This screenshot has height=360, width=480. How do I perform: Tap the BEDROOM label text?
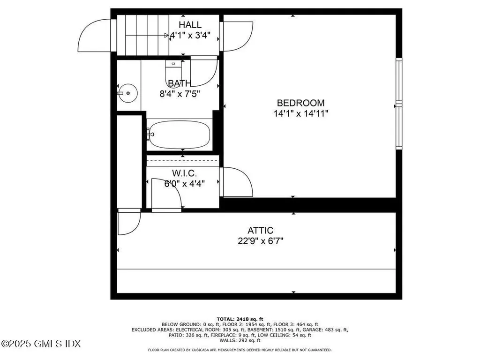tap(300, 103)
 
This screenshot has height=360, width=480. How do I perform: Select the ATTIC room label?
tap(261, 231)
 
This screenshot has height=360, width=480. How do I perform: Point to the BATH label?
tap(179, 83)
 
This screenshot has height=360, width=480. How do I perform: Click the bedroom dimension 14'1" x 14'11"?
tap(300, 113)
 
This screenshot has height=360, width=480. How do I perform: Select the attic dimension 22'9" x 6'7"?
tap(261, 241)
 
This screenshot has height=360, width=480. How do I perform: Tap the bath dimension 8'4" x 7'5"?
tap(180, 93)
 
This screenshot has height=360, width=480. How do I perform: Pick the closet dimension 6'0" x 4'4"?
tap(184, 184)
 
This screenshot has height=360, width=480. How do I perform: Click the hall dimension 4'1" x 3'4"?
tap(193, 35)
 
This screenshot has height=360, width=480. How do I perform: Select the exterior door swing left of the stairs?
tap(94, 35)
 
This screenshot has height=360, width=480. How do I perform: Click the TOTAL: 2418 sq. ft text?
tap(240, 318)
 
